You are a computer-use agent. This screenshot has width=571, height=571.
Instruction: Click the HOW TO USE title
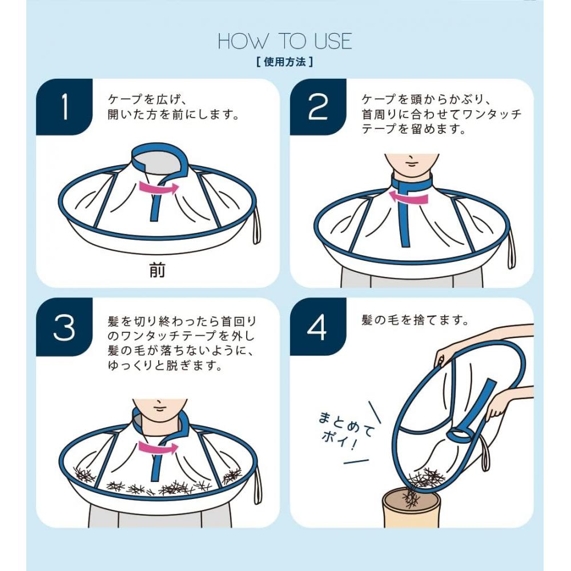pyautogui.click(x=285, y=41)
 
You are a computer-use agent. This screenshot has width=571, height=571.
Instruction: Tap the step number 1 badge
pyautogui.click(x=65, y=107)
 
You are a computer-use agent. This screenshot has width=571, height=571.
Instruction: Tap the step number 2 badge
pyautogui.click(x=318, y=107)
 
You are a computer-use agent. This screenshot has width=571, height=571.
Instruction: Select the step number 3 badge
pyautogui.click(x=65, y=327)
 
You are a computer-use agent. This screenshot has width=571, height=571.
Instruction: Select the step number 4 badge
pyautogui.click(x=318, y=327)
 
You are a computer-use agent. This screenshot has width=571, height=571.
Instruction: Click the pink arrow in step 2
pyautogui.click(x=409, y=197)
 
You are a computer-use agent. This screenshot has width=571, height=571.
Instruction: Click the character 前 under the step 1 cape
pyautogui.click(x=157, y=271)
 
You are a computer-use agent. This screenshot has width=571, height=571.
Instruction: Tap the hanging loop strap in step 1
pyautogui.click(x=255, y=228)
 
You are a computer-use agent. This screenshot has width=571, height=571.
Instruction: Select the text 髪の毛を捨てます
pyautogui.click(x=415, y=320)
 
